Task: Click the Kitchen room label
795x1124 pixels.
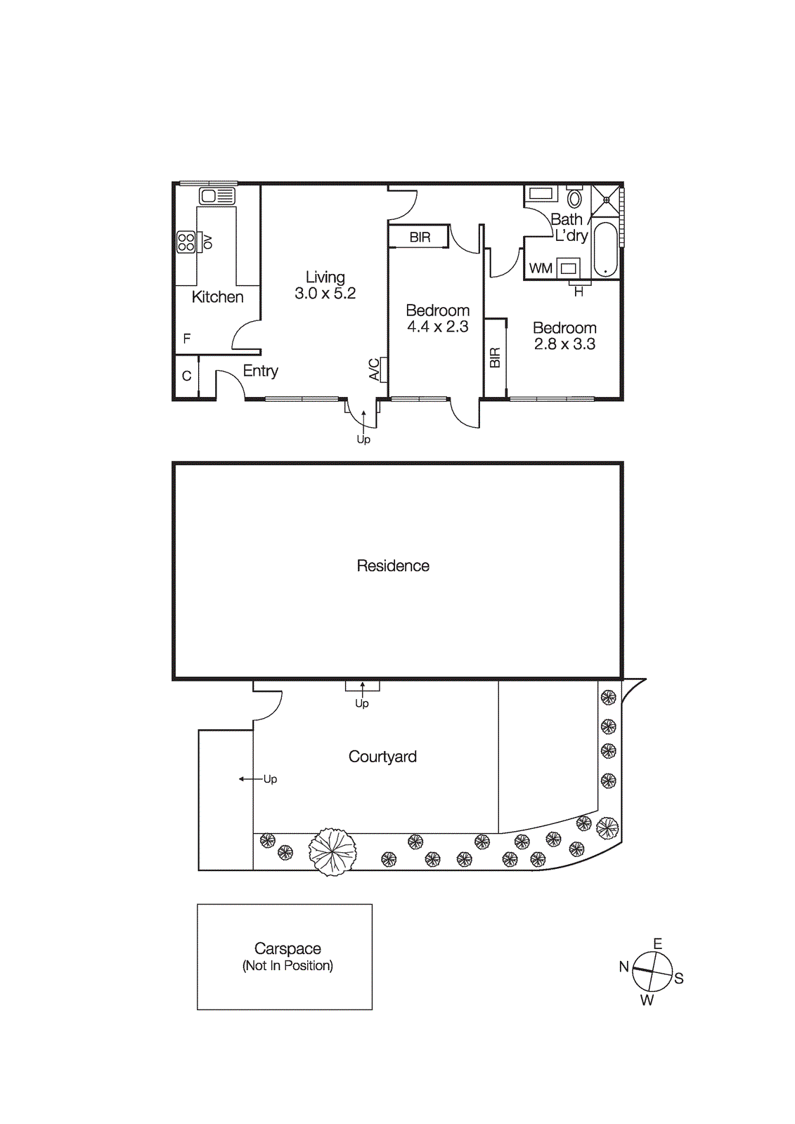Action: click(x=217, y=297)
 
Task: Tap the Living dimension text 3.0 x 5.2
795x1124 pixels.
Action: click(x=325, y=294)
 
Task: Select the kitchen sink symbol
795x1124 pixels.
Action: click(x=216, y=196)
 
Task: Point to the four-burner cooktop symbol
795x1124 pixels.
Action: click(x=186, y=242)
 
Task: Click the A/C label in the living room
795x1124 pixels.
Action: click(x=375, y=370)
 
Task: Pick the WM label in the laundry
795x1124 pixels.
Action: click(x=540, y=268)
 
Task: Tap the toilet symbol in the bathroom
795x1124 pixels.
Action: click(x=574, y=197)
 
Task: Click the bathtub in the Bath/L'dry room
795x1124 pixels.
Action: click(x=605, y=250)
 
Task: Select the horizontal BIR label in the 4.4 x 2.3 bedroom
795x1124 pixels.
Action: click(x=420, y=237)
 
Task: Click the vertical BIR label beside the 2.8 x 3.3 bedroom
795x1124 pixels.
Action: click(x=495, y=358)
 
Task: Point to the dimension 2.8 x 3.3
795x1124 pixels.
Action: click(x=564, y=344)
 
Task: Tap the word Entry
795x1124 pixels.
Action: click(x=260, y=371)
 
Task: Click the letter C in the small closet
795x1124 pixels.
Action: click(x=186, y=376)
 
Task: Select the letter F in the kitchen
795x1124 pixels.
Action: click(x=187, y=339)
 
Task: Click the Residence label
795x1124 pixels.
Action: click(x=392, y=566)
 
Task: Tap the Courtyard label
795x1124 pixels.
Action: click(x=382, y=757)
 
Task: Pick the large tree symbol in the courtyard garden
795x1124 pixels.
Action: click(x=332, y=851)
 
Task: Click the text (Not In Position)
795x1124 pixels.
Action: click(x=287, y=966)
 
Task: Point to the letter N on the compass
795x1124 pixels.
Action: click(x=623, y=967)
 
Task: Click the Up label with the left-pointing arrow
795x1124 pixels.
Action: click(x=270, y=779)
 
